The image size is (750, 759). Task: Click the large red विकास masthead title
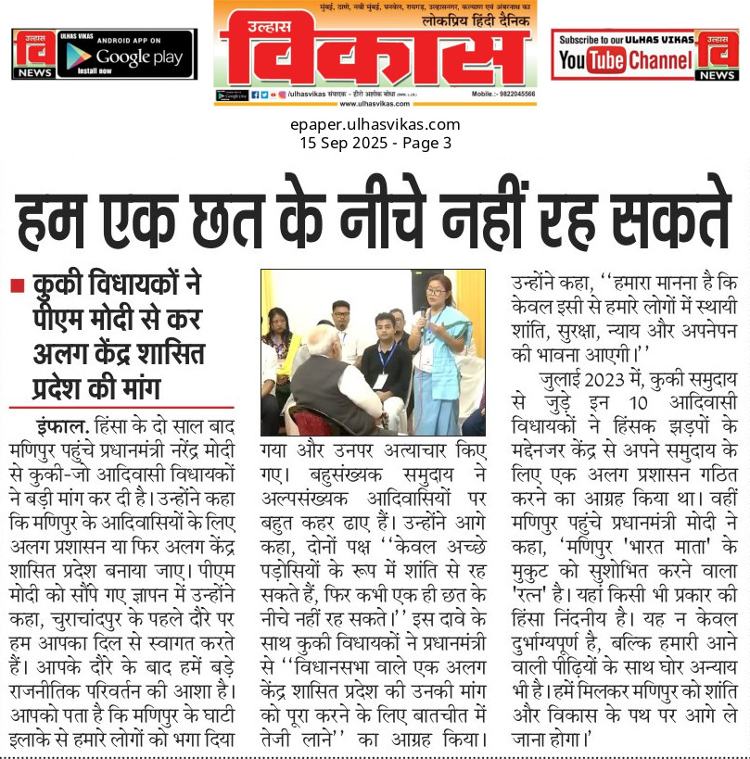pos(375,54)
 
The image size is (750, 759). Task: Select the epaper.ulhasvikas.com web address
pos(375,124)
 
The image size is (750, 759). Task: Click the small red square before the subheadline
pos(17,286)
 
